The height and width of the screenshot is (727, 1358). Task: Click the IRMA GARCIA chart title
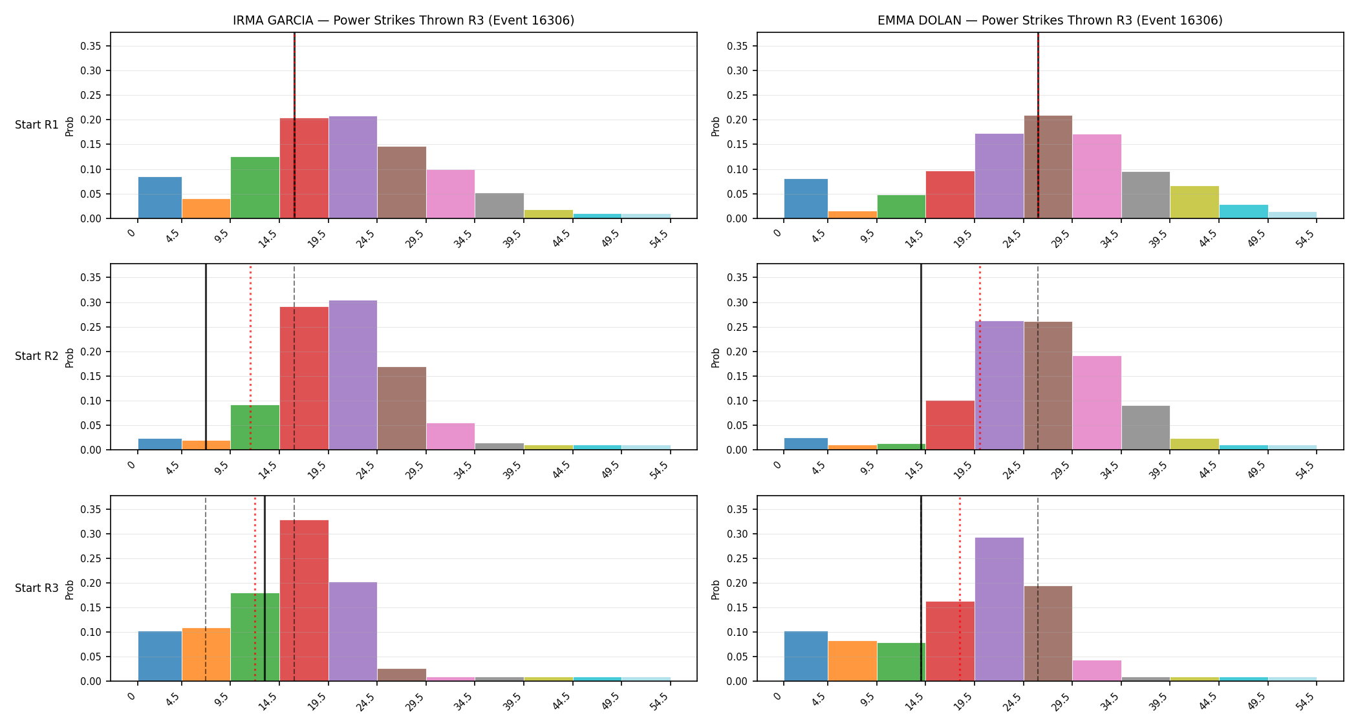tap(404, 20)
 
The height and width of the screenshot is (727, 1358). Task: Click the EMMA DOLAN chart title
tap(1050, 20)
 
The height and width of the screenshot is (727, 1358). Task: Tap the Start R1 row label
tap(37, 125)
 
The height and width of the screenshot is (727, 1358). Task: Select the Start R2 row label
tap(37, 356)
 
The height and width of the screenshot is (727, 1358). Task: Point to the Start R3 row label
tap(37, 588)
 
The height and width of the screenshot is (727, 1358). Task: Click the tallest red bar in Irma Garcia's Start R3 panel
tap(304, 600)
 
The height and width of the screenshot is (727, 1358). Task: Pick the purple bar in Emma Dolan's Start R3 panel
tap(999, 609)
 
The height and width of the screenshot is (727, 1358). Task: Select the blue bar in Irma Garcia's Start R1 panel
tap(160, 198)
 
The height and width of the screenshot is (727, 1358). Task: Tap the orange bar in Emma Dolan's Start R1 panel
tap(852, 215)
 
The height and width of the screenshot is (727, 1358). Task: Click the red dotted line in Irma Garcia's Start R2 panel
tap(250, 357)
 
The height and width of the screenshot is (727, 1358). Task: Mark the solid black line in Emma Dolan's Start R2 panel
tap(921, 357)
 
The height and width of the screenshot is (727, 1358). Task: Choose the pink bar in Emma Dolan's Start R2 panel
tap(1097, 403)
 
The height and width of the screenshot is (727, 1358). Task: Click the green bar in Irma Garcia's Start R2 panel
tap(255, 427)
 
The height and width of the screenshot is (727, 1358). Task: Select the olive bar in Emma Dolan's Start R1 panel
tap(1194, 202)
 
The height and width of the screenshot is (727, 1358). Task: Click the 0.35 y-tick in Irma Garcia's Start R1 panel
tap(91, 46)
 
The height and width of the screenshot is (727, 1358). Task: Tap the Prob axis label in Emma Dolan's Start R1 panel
tap(716, 126)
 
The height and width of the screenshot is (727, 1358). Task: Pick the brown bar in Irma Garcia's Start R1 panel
tap(402, 182)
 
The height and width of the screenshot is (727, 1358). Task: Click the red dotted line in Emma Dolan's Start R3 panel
tap(960, 589)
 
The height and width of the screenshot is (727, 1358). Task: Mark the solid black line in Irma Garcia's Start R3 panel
tap(264, 589)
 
